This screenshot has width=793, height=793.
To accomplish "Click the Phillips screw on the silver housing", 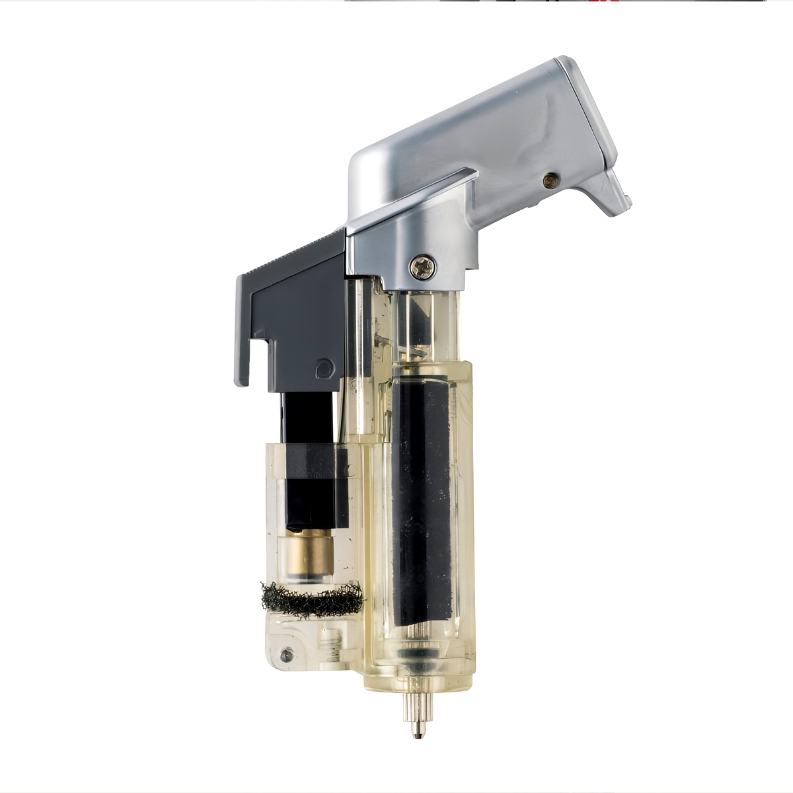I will pos(422,267).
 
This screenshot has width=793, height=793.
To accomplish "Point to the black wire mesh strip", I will pos(312,598).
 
